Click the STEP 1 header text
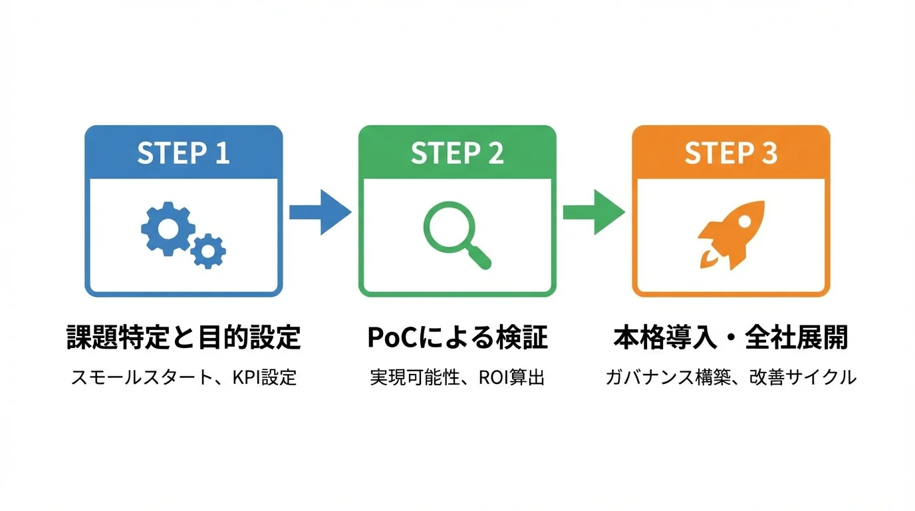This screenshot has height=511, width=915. click(184, 153)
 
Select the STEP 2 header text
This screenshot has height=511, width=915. click(457, 153)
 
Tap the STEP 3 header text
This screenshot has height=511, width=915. click(731, 153)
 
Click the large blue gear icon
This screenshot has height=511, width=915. click(167, 228)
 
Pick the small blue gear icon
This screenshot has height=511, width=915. click(208, 251)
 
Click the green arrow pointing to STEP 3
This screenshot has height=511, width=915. click(593, 212)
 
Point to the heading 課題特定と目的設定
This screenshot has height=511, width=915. click(184, 337)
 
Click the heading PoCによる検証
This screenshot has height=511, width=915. click(457, 337)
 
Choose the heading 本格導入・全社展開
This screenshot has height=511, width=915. click(730, 337)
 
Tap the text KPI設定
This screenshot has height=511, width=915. click(264, 378)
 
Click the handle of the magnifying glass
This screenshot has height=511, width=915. click(480, 257)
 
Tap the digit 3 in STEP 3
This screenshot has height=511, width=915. click(769, 153)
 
